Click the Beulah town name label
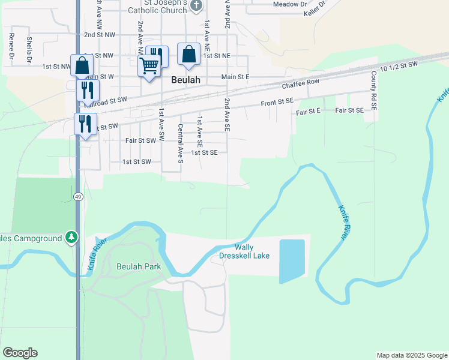click(x=185, y=79)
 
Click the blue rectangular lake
click(x=292, y=261)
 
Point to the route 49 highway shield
click(x=79, y=196)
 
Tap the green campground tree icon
click(x=72, y=238)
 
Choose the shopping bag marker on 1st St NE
click(x=188, y=54)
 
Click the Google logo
click(x=20, y=353)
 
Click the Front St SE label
click(x=277, y=104)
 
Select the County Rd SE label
click(x=373, y=90)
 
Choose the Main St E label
click(x=235, y=77)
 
